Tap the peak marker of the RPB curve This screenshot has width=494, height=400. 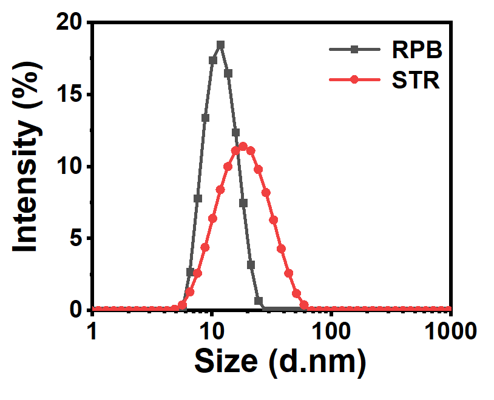click(220, 45)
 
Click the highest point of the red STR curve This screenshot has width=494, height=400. click(243, 146)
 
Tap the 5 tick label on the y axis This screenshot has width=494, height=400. click(75, 239)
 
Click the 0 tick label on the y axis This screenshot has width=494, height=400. click(75, 310)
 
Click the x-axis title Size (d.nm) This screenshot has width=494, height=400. click(280, 363)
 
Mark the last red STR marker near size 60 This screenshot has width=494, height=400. click(304, 305)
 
